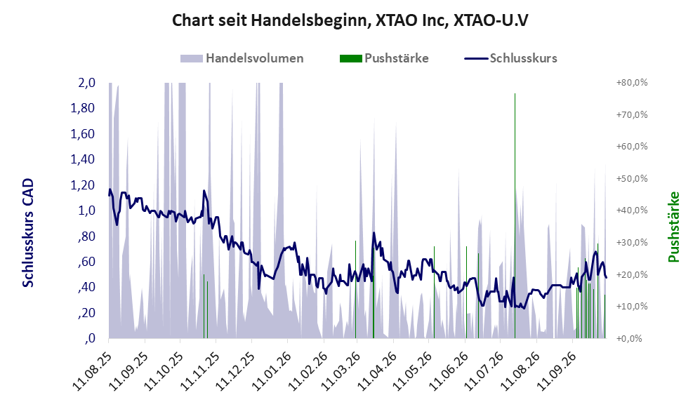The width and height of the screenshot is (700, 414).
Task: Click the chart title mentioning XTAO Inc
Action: (350, 20)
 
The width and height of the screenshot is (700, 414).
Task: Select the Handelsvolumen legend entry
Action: (242, 58)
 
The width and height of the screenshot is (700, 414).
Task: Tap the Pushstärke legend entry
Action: (384, 58)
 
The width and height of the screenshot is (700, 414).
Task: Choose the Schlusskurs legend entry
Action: (510, 58)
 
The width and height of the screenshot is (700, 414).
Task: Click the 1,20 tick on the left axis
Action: (83, 185)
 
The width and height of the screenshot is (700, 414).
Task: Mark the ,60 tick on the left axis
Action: (86, 262)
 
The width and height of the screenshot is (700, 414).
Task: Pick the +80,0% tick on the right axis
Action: (632, 83)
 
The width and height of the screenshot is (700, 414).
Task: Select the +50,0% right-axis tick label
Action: (632, 178)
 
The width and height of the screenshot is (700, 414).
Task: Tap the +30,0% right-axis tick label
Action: (632, 243)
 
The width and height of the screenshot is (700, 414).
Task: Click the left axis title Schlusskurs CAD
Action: (28, 233)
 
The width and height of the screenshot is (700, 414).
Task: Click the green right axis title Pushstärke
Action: (673, 227)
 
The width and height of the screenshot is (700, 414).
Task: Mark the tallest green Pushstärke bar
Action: (515, 216)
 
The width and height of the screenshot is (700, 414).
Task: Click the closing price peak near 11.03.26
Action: (374, 232)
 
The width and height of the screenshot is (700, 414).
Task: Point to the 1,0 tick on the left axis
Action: (86, 210)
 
